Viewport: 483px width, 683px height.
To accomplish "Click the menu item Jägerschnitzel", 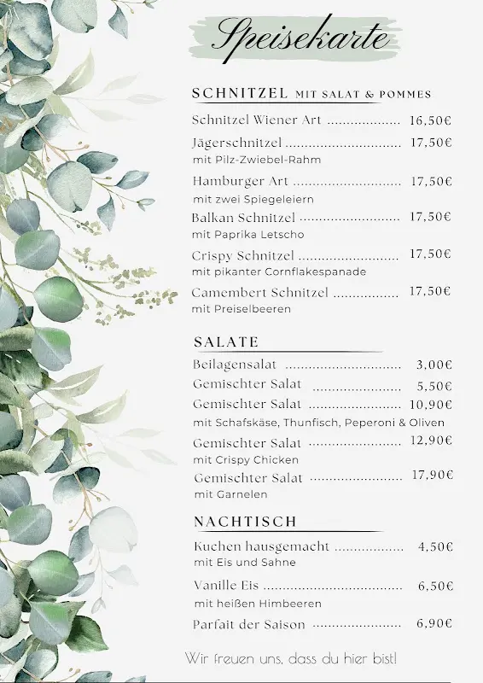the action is point(237,143).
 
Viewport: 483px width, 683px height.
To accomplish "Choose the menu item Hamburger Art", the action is point(241,181).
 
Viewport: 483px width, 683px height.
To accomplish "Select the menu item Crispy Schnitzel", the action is point(243,255).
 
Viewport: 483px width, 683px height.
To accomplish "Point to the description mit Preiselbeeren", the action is point(241,309).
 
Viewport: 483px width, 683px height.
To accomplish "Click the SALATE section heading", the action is point(226,342).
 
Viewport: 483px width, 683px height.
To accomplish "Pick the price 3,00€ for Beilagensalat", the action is point(434,365).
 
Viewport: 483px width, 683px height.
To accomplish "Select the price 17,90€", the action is point(432,476).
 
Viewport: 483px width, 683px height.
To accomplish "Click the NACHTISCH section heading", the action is point(245,521).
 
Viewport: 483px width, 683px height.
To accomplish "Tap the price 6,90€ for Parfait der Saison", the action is point(434,624).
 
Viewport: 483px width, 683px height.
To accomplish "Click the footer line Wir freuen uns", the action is point(291,658).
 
